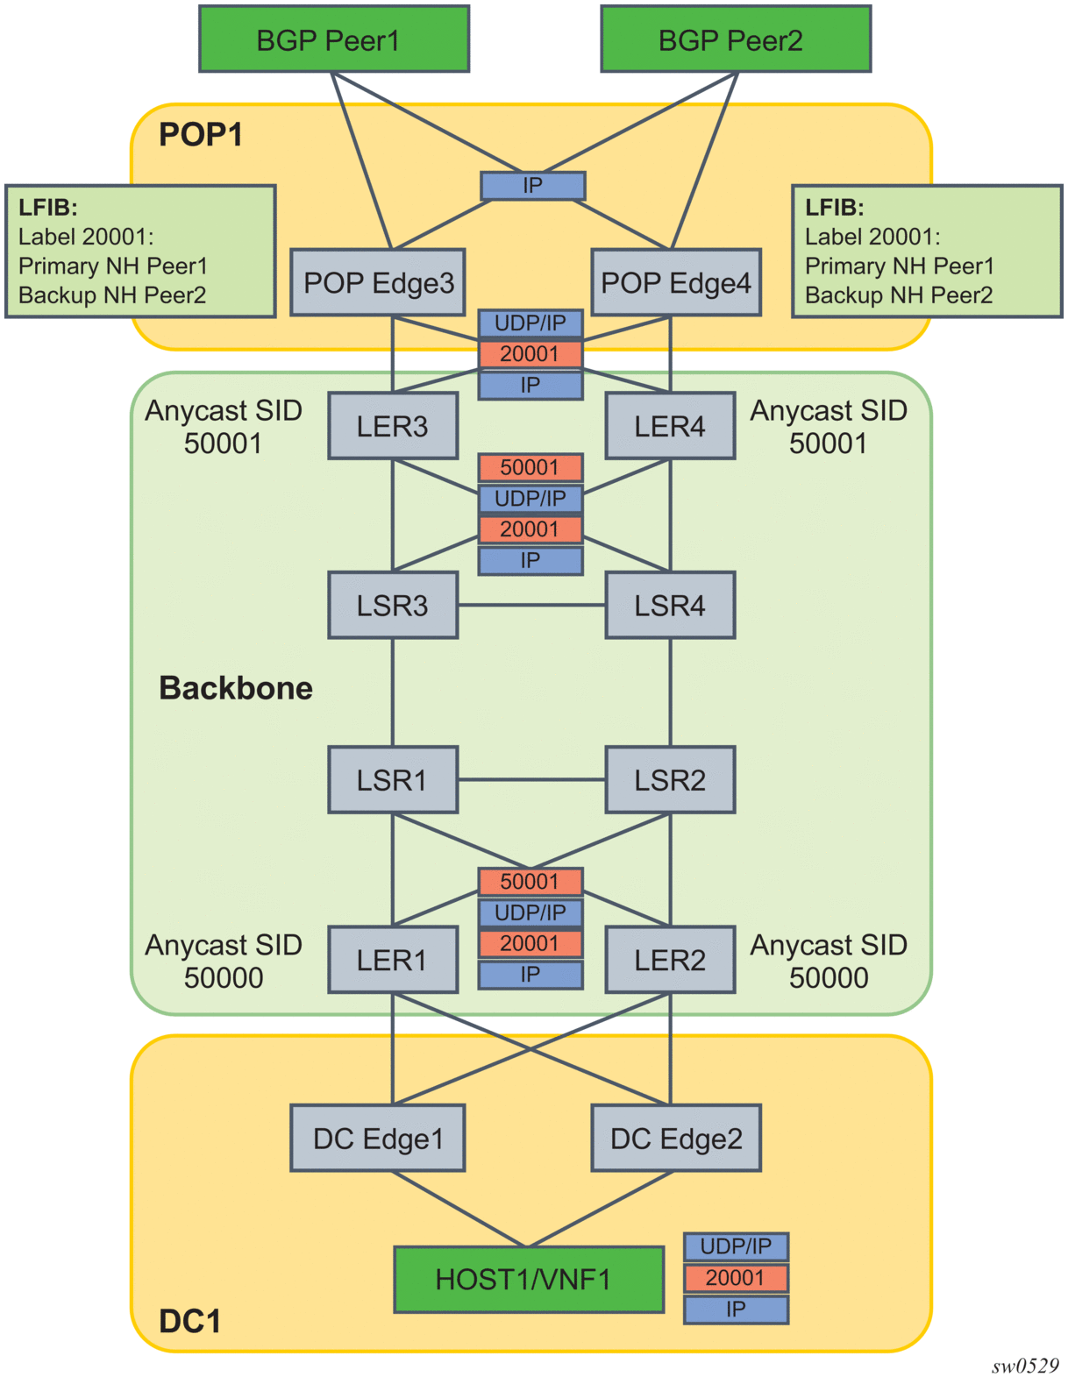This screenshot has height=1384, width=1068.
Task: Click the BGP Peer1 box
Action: click(x=333, y=39)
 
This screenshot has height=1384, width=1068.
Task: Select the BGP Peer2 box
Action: click(x=735, y=39)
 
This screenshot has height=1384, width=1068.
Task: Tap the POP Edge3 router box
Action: click(x=378, y=282)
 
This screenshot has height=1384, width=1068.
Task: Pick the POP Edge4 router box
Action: click(x=675, y=282)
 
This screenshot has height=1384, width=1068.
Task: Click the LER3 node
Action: click(x=392, y=426)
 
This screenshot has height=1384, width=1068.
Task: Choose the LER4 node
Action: click(x=670, y=426)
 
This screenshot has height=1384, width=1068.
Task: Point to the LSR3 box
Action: click(x=392, y=605)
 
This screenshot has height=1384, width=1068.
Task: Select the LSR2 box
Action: click(x=670, y=779)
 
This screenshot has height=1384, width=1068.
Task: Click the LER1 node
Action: click(x=392, y=960)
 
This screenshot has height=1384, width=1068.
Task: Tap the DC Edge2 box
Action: click(x=675, y=1138)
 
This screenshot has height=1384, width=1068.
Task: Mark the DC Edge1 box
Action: click(x=378, y=1138)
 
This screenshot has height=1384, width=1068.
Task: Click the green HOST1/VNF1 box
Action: click(x=528, y=1279)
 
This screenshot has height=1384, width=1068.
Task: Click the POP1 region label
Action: click(x=201, y=135)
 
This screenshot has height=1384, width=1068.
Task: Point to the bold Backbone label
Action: click(x=235, y=688)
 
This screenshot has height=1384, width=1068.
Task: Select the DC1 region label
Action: click(x=189, y=1321)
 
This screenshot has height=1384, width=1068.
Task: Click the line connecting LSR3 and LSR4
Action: click(x=531, y=605)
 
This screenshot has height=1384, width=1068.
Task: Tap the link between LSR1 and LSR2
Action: click(x=531, y=779)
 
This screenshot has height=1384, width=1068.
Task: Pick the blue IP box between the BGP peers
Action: click(x=532, y=186)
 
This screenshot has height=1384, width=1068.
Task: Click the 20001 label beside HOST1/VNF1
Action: click(x=736, y=1278)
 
